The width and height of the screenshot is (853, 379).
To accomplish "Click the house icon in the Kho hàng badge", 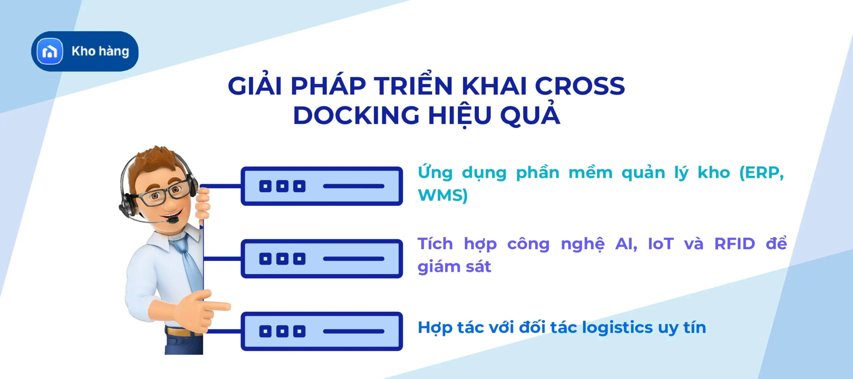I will [x=50, y=51].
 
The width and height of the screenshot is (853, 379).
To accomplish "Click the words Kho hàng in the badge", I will [x=100, y=52].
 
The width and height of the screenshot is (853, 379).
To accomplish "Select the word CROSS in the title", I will [x=580, y=86].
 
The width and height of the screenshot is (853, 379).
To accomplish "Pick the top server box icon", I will [x=322, y=186].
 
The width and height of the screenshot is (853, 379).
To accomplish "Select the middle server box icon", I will [x=322, y=259].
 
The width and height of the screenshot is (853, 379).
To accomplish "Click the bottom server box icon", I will [x=322, y=331].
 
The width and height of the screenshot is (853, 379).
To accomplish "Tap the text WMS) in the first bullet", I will [x=443, y=195].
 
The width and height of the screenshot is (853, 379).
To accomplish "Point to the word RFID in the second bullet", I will [x=735, y=244].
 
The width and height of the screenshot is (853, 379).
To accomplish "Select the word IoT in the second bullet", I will [x=661, y=244].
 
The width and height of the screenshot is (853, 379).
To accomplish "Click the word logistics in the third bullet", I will [x=617, y=327].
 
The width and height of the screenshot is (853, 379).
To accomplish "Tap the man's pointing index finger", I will [x=218, y=306].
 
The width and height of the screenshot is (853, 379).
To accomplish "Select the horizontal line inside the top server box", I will [x=354, y=186].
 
